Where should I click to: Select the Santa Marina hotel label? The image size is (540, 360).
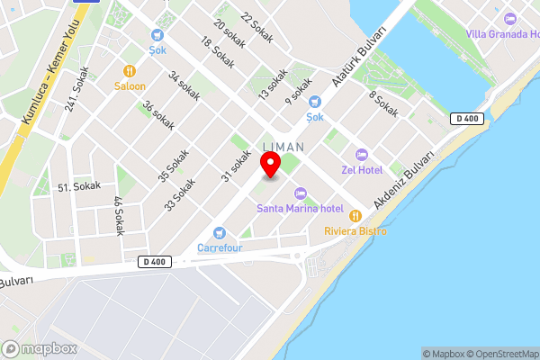(x=301, y=209)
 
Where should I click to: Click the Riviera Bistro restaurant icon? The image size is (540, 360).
(x=355, y=216)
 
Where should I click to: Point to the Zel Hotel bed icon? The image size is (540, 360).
(x=362, y=155)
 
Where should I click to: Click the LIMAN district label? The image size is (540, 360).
(x=283, y=146)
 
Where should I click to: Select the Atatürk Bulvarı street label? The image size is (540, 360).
(x=360, y=56)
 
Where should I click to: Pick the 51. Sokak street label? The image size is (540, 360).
(x=79, y=186)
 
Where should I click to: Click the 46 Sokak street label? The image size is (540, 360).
(x=118, y=215)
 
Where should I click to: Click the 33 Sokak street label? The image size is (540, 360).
(x=180, y=193)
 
